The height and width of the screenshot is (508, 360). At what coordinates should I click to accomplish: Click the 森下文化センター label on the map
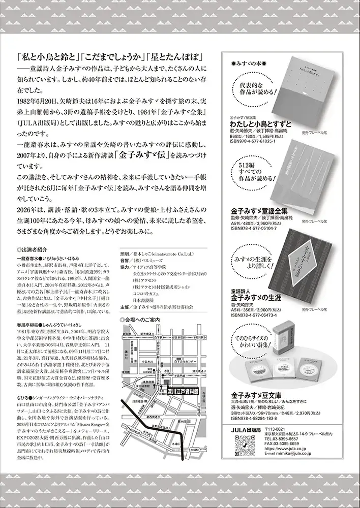tap(184, 361)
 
